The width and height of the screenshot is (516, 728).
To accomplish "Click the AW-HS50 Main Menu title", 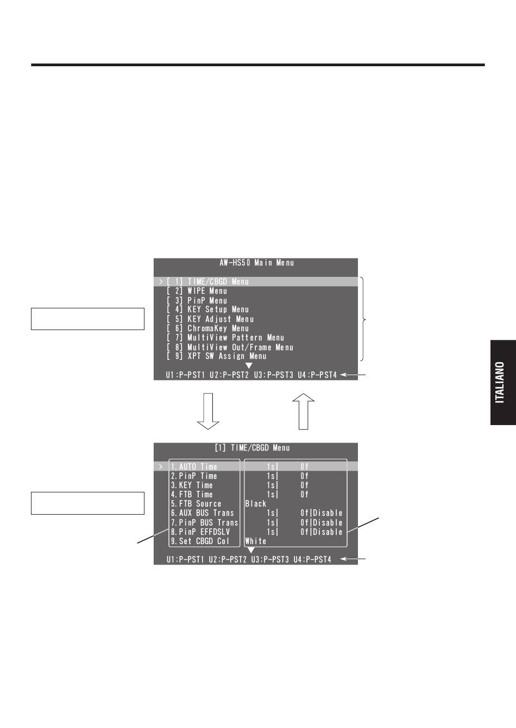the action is click(256, 263).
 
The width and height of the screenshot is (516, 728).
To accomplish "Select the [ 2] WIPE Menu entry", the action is click(197, 291).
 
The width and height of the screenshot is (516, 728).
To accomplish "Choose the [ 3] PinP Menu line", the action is click(197, 300).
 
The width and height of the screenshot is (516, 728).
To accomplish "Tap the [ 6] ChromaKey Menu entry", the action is click(207, 328).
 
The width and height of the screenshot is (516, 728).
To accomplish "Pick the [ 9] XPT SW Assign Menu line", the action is click(217, 356).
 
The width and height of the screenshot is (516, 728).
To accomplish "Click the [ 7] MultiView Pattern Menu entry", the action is click(225, 338).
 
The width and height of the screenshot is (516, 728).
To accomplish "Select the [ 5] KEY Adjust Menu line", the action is click(210, 319).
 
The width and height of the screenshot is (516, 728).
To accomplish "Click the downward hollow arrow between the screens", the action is click(208, 411).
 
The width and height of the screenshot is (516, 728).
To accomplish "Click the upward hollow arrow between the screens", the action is click(304, 412).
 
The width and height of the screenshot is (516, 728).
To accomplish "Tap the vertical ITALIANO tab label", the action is click(499, 383).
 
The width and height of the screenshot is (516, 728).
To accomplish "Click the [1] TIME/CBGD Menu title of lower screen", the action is click(252, 448).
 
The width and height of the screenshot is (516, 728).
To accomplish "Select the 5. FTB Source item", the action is click(196, 504).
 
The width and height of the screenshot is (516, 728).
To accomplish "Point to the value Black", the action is click(256, 504).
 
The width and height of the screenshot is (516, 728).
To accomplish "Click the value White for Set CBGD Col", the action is click(256, 541).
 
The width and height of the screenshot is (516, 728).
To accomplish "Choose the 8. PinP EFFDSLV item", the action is click(200, 531).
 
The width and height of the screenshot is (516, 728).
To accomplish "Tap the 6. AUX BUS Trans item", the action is click(203, 513).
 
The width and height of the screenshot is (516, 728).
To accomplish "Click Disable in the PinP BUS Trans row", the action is click(328, 522).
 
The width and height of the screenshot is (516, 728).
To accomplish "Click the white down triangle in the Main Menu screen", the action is click(249, 366).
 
